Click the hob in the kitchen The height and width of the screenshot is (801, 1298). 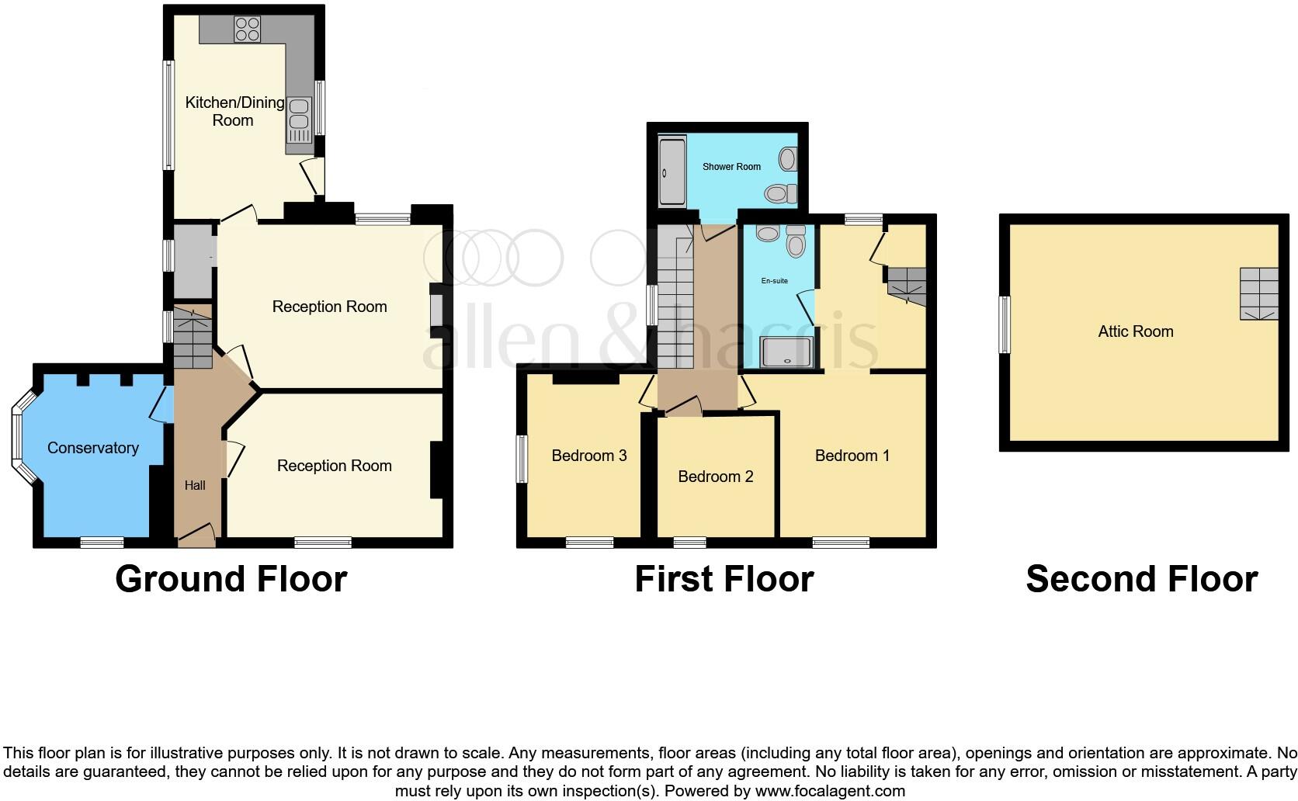pos(247,28)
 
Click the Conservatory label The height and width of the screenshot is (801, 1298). pos(93,448)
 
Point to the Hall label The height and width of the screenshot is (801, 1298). pos(195,485)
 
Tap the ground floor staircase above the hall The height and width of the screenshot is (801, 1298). pos(192,338)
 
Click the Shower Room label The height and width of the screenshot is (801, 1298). pos(731,166)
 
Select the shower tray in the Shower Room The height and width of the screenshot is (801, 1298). pos(672,172)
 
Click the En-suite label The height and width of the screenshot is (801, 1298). pos(774,281)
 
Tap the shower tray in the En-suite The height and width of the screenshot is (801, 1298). pos(787,352)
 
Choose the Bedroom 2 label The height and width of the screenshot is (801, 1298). pos(715,477)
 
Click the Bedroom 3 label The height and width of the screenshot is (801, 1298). pos(588,456)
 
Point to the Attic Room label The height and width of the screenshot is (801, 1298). pos(1135,331)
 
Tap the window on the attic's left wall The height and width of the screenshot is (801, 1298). pos(1005,324)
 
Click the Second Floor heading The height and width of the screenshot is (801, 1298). pos(1141,580)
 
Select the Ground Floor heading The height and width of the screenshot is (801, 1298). pos(231,580)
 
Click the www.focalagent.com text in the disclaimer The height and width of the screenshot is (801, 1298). pos(830,792)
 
